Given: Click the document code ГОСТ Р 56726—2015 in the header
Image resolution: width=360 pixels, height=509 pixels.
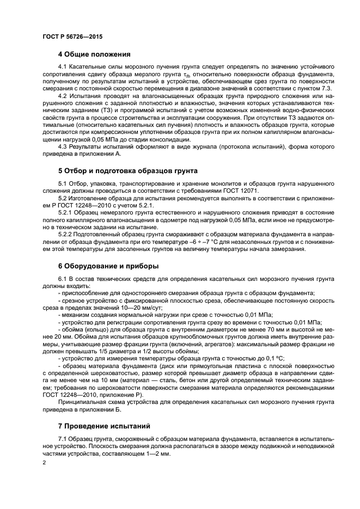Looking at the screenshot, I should point(72,36).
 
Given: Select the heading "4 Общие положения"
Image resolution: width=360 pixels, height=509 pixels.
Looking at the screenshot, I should point(94,54).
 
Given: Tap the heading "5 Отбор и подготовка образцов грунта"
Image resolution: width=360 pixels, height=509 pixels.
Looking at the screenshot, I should point(127,171).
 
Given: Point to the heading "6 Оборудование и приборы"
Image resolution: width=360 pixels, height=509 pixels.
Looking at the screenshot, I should point(108,266).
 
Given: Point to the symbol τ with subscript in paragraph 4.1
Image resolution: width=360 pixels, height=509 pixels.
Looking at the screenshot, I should point(185,74).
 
